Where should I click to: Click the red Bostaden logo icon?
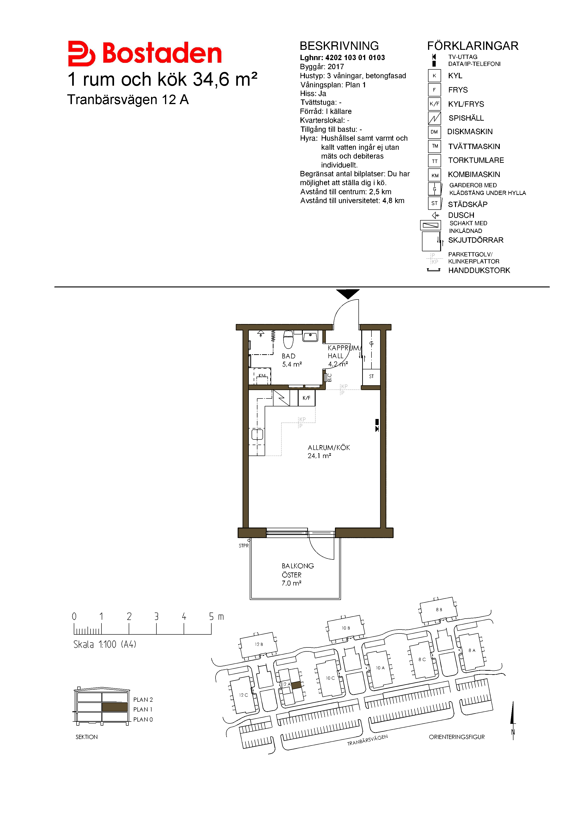[x=81, y=53]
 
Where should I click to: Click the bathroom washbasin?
[x=310, y=336]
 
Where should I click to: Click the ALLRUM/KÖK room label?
[x=329, y=448]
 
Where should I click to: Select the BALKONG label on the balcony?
[x=297, y=566]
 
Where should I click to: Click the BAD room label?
[x=288, y=356]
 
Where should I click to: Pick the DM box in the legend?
[x=434, y=132]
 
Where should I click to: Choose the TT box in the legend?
[x=435, y=161]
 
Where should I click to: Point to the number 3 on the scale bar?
[x=156, y=616]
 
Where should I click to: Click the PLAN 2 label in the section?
[x=143, y=700]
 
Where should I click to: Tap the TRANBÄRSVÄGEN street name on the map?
[x=367, y=740]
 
